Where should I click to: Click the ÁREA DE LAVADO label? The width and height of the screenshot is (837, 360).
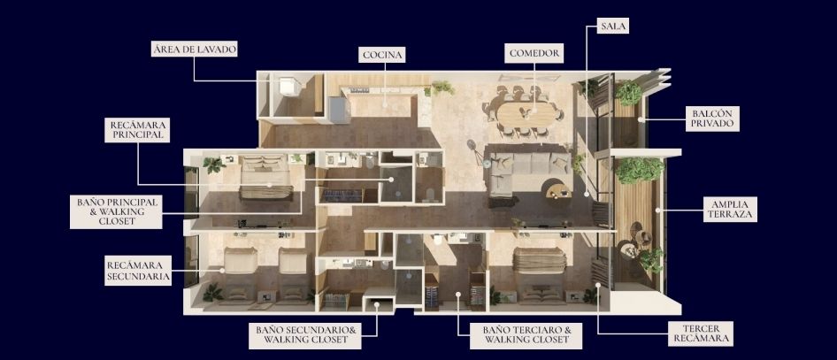[x=195, y=50]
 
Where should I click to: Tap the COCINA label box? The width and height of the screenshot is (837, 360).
[x=381, y=55]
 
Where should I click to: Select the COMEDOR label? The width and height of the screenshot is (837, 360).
[x=534, y=53]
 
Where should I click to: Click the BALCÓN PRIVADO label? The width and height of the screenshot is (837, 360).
[x=712, y=119]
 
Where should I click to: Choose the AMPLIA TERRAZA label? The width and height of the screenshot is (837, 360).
[x=730, y=209]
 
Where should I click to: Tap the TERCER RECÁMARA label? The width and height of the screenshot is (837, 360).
[x=701, y=333]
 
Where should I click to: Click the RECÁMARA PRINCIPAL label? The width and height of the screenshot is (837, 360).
[x=137, y=130]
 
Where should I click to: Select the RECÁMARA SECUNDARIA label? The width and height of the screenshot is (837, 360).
[x=138, y=271]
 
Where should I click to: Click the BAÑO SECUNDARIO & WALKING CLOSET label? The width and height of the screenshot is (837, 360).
[x=305, y=335]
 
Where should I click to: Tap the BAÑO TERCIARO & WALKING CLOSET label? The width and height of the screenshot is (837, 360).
[x=526, y=335]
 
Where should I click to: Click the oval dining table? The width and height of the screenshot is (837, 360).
[x=526, y=113]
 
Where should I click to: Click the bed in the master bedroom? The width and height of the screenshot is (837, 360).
[x=265, y=177]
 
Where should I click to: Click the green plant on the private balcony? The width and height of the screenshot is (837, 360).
[x=628, y=93]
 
